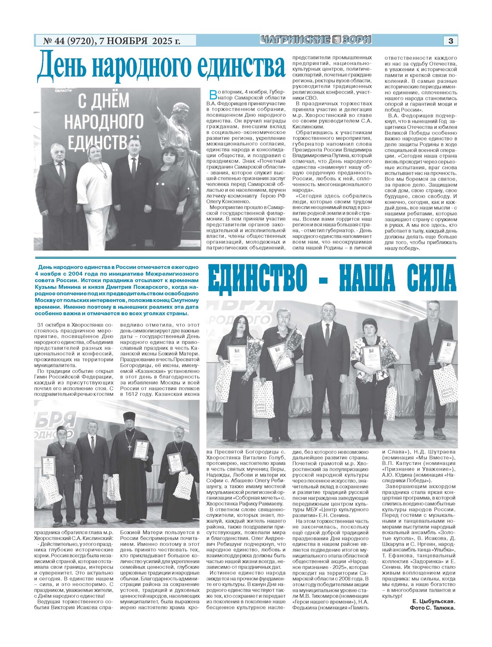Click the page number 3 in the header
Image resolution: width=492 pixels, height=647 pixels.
click(x=451, y=41)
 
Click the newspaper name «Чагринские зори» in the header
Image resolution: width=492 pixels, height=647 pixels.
click(x=316, y=40)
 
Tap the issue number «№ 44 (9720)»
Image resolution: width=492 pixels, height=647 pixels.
click(x=69, y=41)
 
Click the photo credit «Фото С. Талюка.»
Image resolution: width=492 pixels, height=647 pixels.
click(x=432, y=608)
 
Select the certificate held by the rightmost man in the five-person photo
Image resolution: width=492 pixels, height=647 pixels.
click(x=447, y=352)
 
